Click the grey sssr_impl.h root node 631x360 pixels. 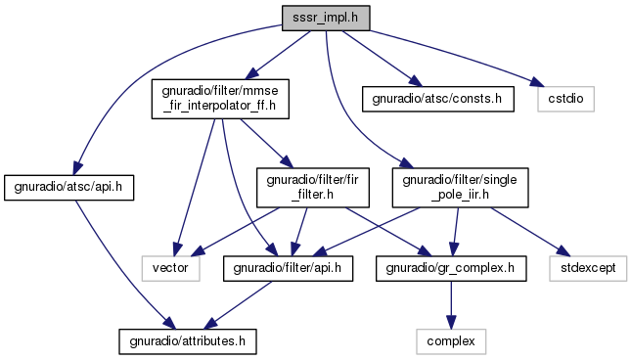326,18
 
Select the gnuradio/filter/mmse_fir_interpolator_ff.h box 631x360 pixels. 220,99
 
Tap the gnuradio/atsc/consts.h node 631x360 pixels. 438,99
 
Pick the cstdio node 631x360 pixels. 565,99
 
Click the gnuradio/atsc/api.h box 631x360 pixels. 68,188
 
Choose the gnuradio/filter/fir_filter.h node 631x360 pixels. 313,188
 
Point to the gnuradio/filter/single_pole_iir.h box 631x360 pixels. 460,188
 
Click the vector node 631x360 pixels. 170,268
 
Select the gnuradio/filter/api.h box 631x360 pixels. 288,268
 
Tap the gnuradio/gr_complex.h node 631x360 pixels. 451,268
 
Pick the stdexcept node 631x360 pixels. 588,268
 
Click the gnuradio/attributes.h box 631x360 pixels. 188,341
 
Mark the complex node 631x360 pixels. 451,341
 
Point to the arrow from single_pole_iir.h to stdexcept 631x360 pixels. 530,231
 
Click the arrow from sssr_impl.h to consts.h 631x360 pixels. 383,59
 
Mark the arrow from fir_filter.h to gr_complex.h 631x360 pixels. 388,231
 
